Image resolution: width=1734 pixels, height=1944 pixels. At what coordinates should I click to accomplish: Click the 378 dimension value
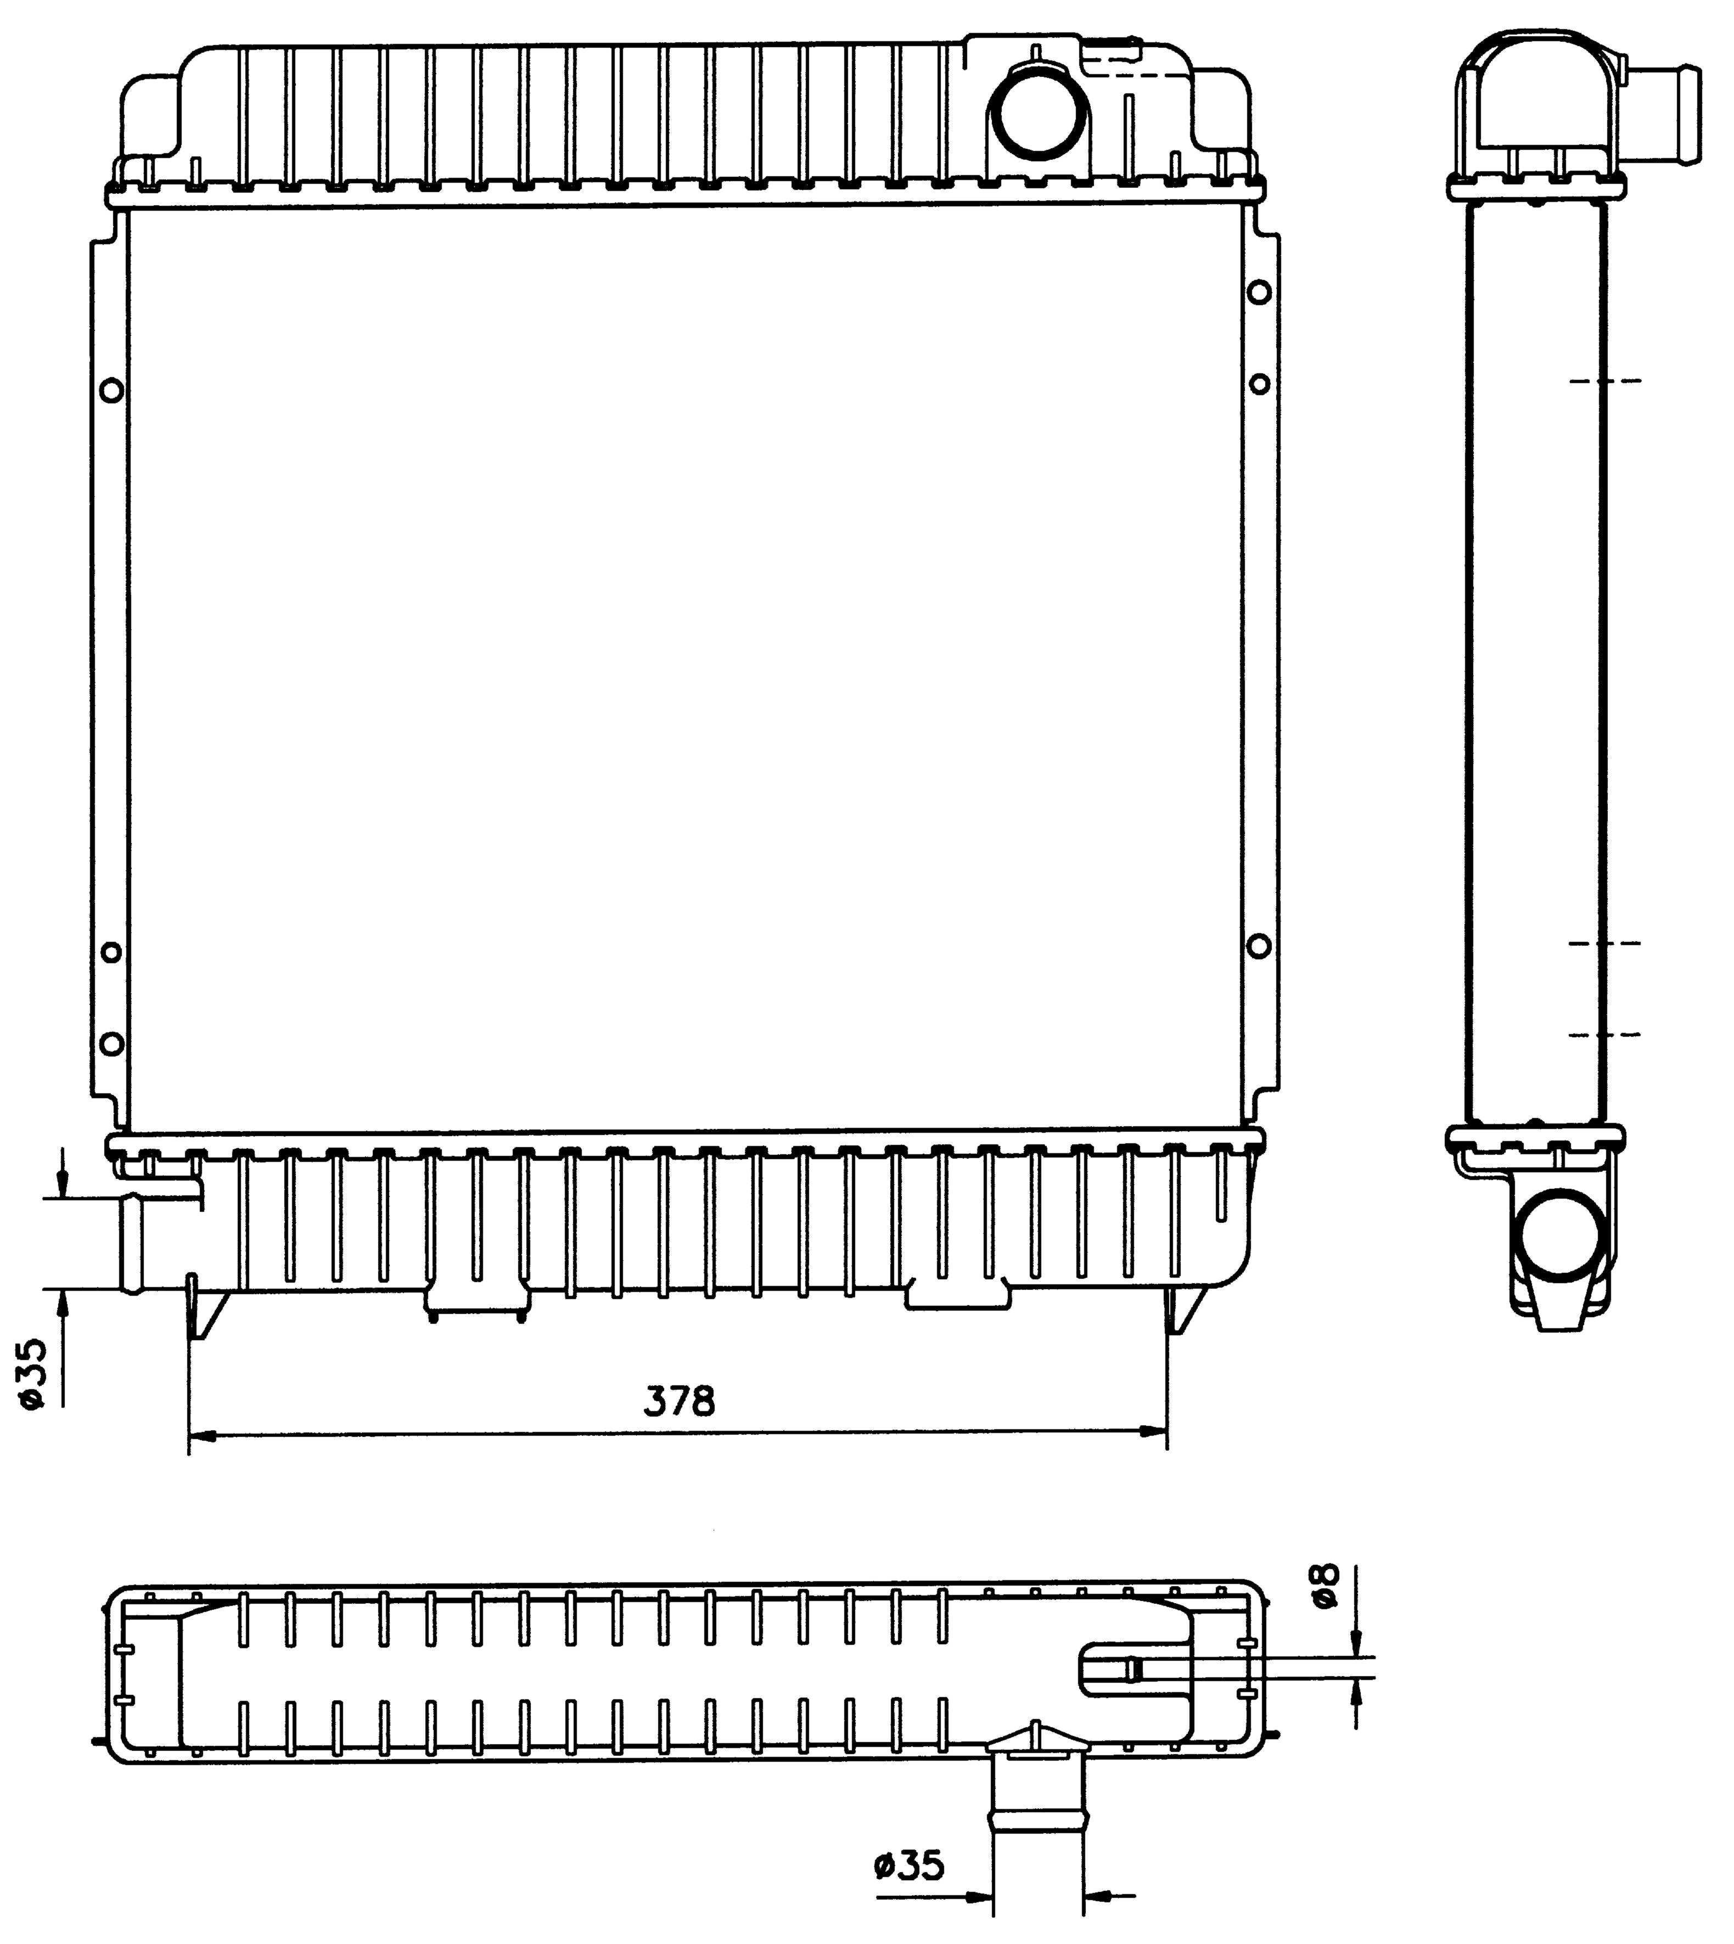coord(678,1400)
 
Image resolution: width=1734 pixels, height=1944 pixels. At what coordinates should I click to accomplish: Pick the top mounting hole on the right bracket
coord(1259,291)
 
